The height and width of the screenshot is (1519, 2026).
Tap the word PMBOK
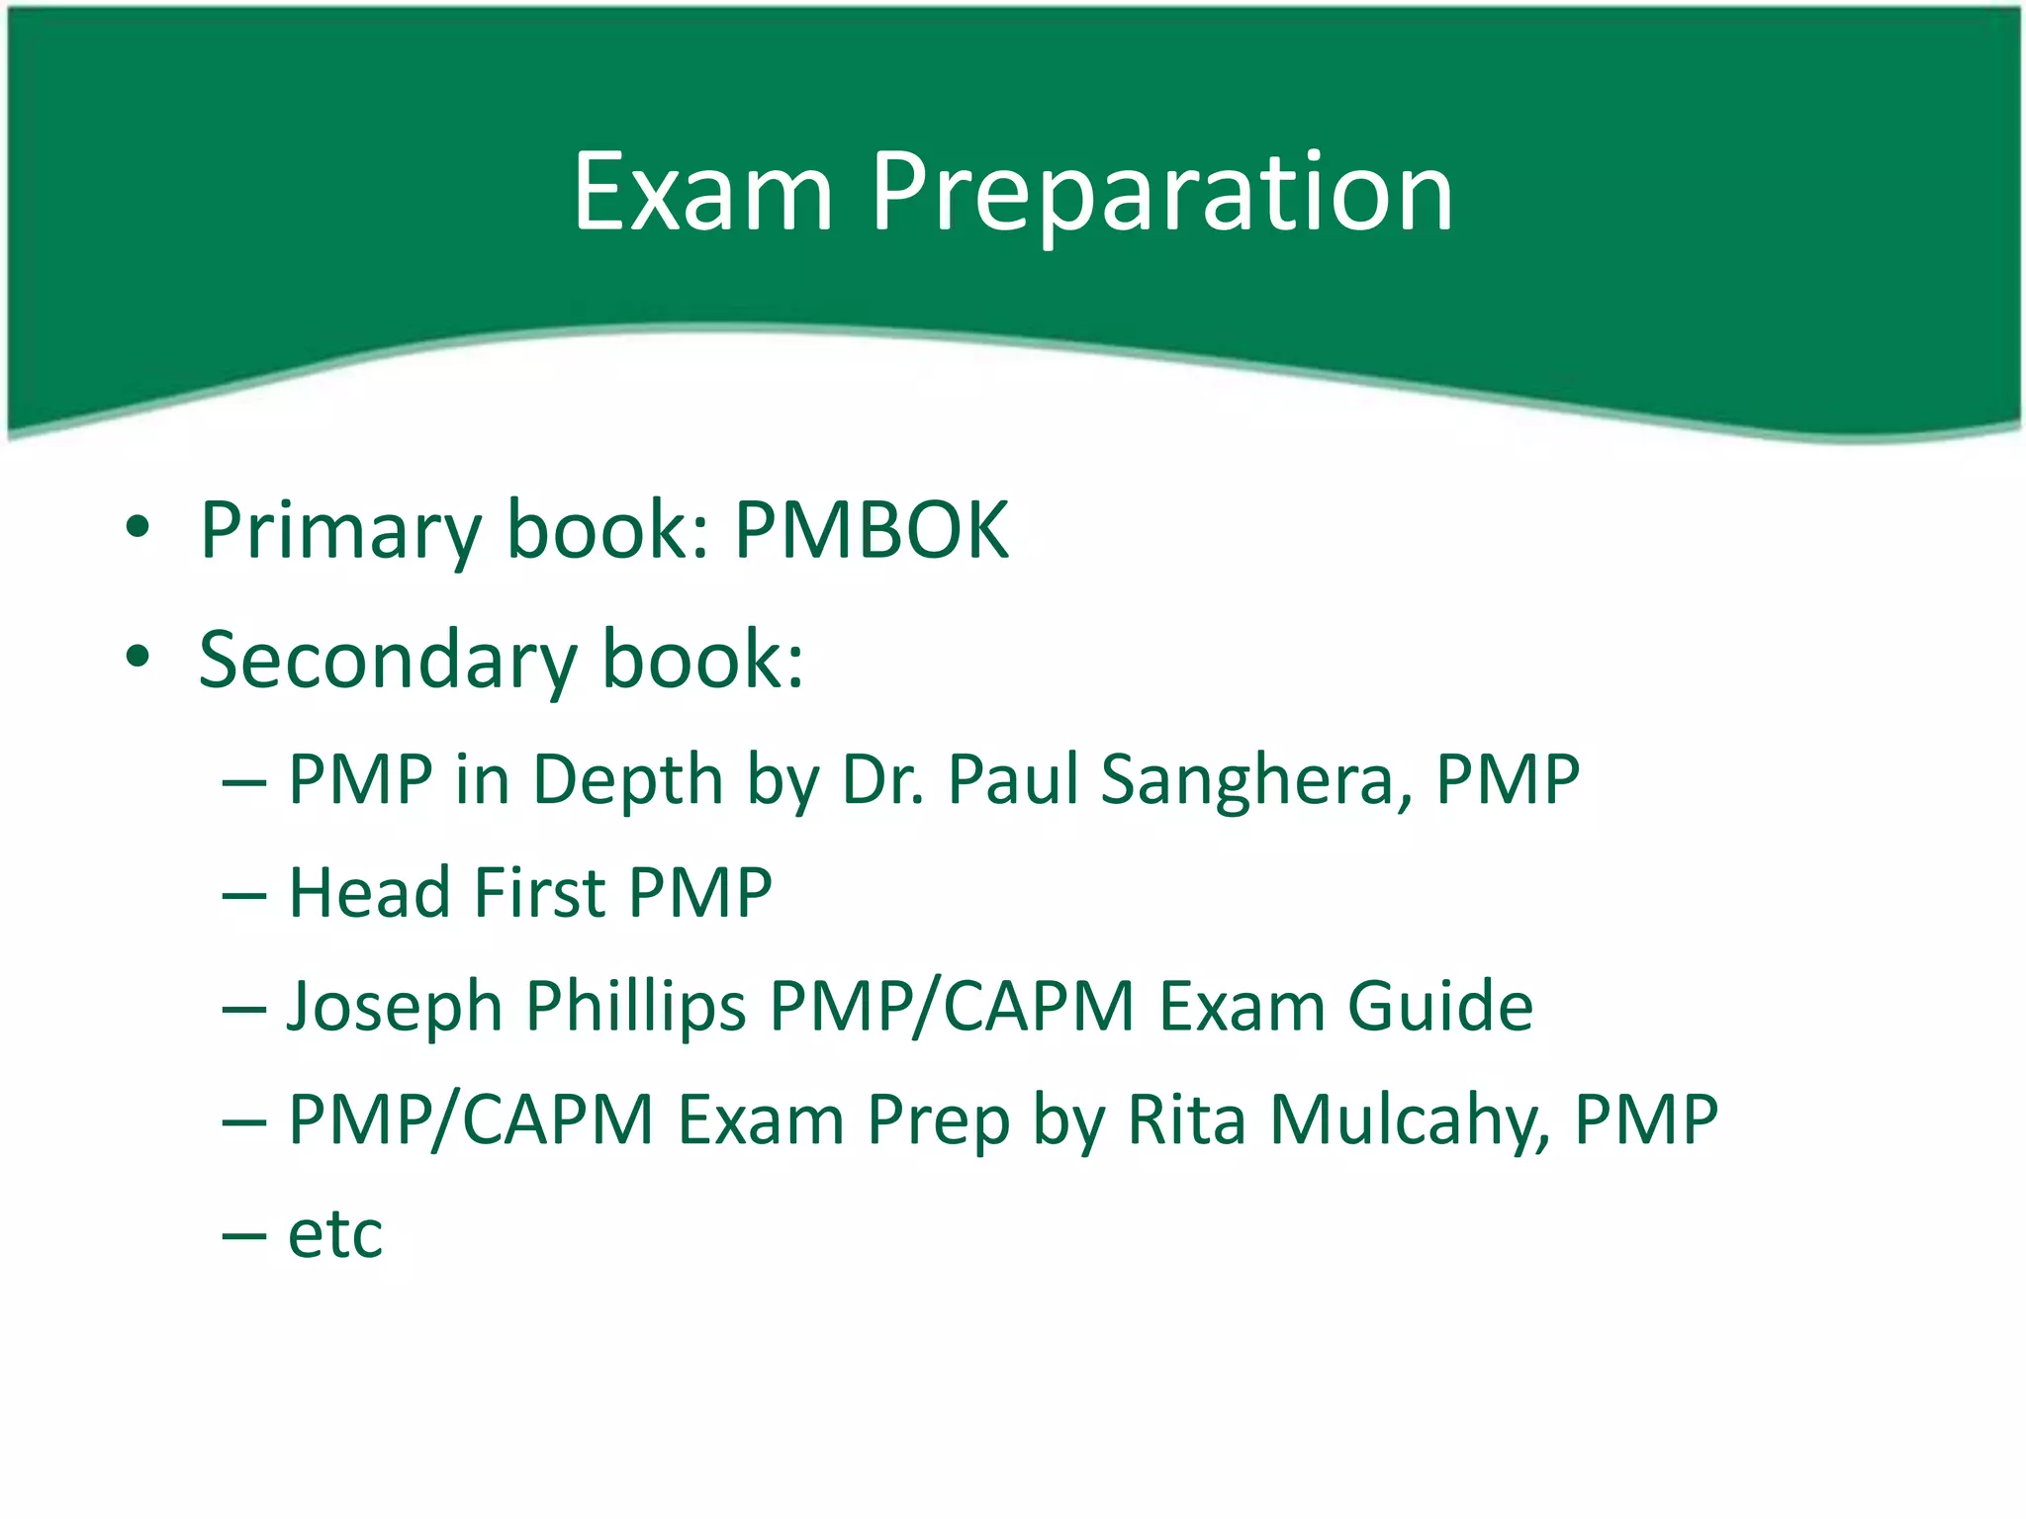[x=872, y=531]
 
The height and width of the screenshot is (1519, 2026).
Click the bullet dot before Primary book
[x=138, y=527]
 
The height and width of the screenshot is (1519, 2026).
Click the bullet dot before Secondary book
[x=138, y=656]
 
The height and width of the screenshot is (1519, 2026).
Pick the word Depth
[x=627, y=780]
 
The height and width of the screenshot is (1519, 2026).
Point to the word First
[x=539, y=893]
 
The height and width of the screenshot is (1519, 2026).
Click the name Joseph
[x=395, y=1008]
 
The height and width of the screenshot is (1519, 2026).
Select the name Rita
[x=1186, y=1120]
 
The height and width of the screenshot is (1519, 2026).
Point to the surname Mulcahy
[x=1409, y=1120]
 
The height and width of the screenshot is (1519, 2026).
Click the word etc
[x=335, y=1235]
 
